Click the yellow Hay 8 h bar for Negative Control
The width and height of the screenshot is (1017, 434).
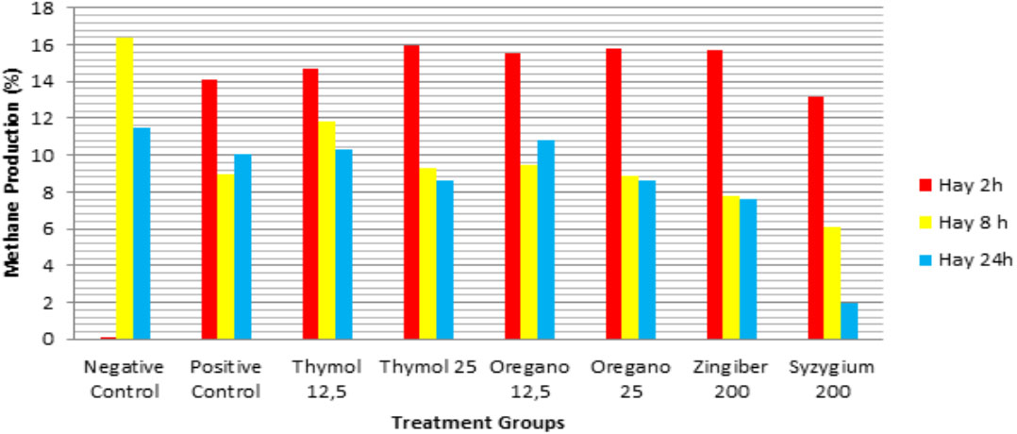pos(124,188)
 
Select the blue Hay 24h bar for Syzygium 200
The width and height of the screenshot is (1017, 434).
pos(849,321)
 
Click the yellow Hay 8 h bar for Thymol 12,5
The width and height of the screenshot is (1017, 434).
pos(326,230)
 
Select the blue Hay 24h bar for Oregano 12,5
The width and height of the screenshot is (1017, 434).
pos(545,240)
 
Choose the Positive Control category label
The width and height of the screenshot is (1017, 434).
pos(225,375)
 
